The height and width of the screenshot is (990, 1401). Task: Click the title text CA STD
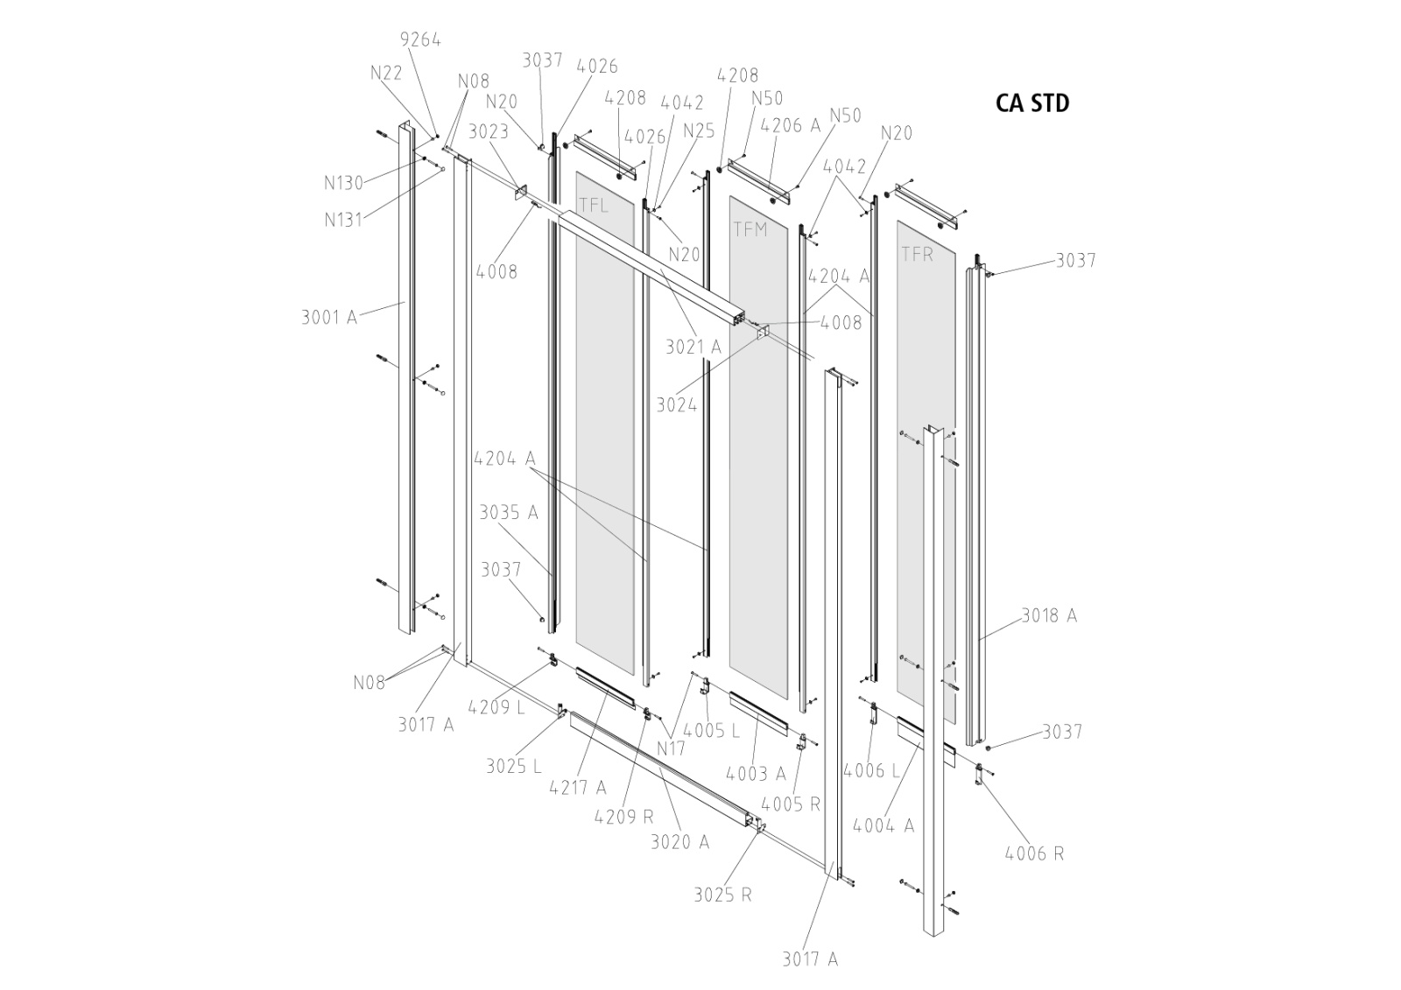(x=1032, y=103)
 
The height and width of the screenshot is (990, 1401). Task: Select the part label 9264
(x=420, y=40)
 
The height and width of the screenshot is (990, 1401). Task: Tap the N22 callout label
(x=386, y=73)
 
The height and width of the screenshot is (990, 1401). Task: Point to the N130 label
(x=343, y=183)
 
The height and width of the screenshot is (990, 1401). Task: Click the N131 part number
(x=343, y=220)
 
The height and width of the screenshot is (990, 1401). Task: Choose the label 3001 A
(x=329, y=317)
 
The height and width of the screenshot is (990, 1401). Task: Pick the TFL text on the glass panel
(x=593, y=206)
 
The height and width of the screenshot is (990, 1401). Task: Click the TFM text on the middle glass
(x=750, y=229)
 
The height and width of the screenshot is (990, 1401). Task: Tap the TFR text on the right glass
(x=917, y=255)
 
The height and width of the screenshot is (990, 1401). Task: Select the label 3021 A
(x=693, y=348)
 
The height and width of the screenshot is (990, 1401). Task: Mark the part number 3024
(x=677, y=405)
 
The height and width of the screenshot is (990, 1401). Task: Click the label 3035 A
(x=508, y=513)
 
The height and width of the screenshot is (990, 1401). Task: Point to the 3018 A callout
(x=1049, y=616)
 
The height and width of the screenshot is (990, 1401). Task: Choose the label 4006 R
(x=1034, y=853)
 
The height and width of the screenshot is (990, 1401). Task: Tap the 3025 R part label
(x=722, y=895)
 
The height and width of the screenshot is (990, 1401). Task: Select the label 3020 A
(x=679, y=842)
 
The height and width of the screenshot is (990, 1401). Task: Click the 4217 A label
(x=577, y=788)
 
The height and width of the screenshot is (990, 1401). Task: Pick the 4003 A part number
(x=755, y=774)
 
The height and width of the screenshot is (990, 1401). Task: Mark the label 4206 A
(x=791, y=126)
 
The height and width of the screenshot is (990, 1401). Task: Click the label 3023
(x=489, y=132)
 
